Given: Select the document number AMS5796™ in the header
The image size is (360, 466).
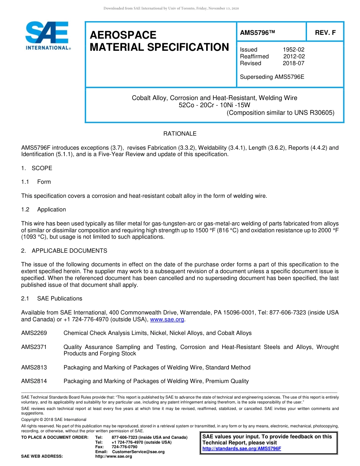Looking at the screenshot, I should click(x=257, y=33).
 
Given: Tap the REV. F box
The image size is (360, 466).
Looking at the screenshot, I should click(x=325, y=33).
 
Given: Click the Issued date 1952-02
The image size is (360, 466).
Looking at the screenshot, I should click(x=293, y=50).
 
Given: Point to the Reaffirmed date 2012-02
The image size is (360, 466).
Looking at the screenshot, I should click(x=294, y=56).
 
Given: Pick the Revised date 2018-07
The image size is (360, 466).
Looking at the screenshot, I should click(x=293, y=63).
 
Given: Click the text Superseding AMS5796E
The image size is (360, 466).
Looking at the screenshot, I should click(x=272, y=77).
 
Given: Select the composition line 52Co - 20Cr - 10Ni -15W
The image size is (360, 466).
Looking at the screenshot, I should click(x=214, y=105).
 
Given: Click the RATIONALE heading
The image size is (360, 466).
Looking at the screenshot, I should click(x=180, y=134).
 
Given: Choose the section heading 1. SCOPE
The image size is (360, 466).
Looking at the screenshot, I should click(x=37, y=168).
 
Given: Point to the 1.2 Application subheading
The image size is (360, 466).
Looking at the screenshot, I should click(x=44, y=210).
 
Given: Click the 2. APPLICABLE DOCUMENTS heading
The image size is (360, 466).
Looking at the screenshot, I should click(x=64, y=251).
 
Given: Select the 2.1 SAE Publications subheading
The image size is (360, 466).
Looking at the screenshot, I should click(x=52, y=299).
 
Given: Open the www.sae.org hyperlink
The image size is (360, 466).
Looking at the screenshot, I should click(x=167, y=319).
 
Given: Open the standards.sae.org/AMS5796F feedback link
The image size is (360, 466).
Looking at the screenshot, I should click(x=242, y=449).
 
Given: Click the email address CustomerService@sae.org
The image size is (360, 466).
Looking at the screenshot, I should click(x=138, y=452).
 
